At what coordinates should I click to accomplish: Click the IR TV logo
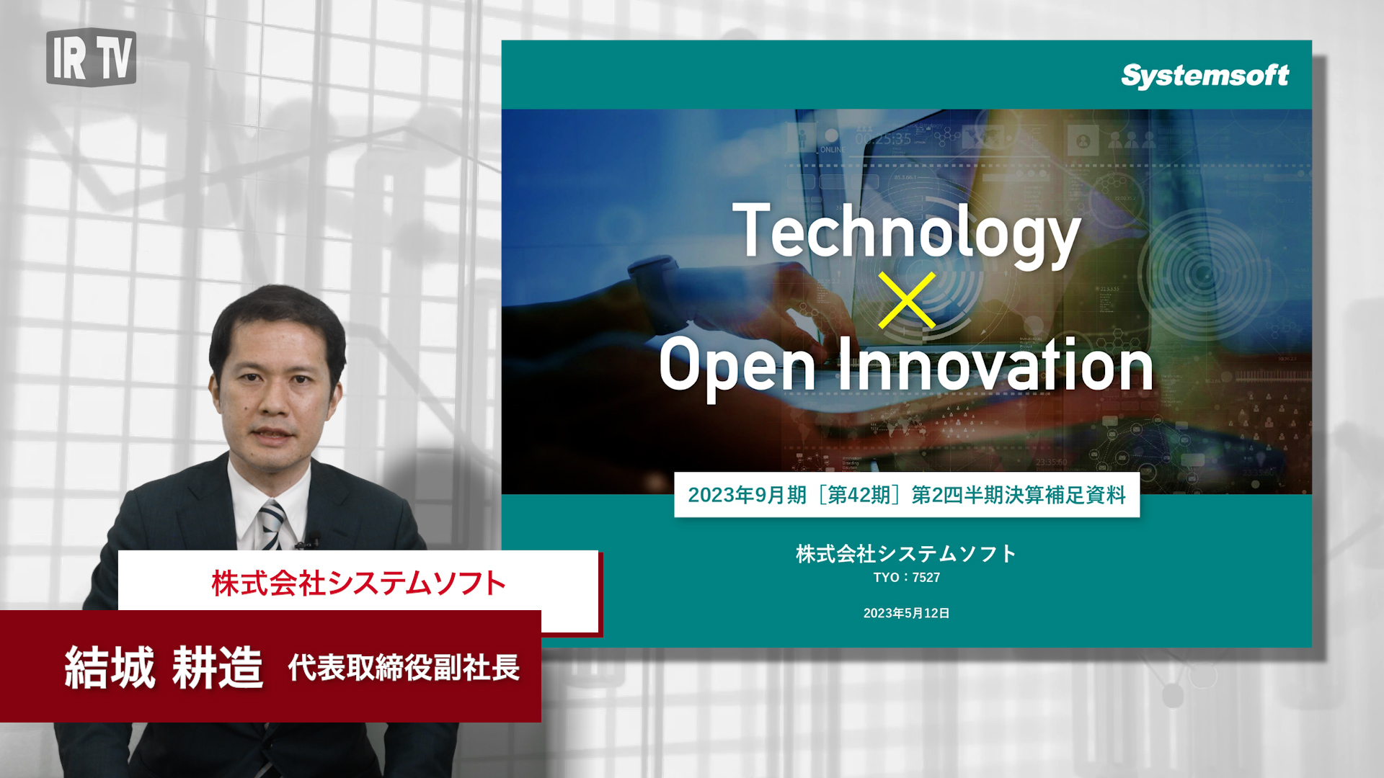click(x=91, y=58)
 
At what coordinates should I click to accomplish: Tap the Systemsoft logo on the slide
click(x=1205, y=76)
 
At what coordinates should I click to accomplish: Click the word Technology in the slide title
click(x=906, y=233)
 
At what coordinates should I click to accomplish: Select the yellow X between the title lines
click(x=907, y=300)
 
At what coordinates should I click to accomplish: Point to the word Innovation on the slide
click(x=995, y=365)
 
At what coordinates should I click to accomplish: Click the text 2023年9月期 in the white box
click(x=747, y=495)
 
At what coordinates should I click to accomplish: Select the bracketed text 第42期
click(x=859, y=495)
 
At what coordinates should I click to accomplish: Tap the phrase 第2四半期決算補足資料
click(x=1019, y=495)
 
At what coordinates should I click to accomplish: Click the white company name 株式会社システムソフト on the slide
click(x=906, y=553)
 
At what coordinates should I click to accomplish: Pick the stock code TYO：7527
click(x=906, y=578)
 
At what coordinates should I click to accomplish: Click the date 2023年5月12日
click(x=906, y=613)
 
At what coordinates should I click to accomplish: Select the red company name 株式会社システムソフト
click(x=358, y=583)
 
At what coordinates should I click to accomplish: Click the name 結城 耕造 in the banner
click(x=164, y=667)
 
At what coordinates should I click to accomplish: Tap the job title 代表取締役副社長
click(x=404, y=668)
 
